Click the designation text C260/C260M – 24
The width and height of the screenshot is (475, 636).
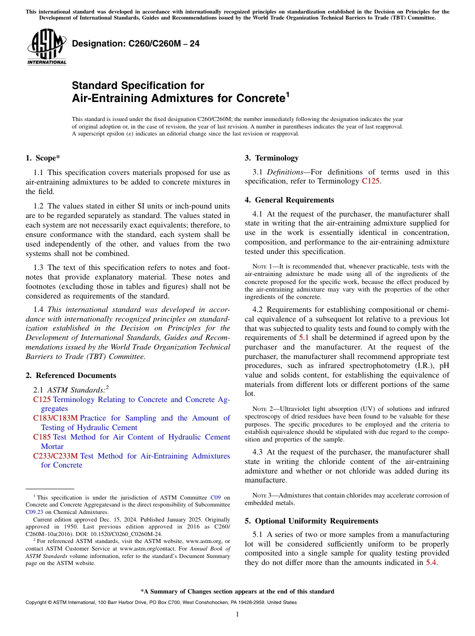[136, 44]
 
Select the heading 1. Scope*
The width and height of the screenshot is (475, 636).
[42, 158]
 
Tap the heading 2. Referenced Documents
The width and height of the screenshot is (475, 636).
[70, 375]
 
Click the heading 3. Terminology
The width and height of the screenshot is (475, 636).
[271, 158]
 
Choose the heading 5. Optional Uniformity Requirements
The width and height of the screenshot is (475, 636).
[311, 521]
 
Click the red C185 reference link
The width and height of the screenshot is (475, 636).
[42, 437]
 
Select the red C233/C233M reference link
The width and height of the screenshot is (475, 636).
[55, 456]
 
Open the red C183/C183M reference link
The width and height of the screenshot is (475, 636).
[55, 418]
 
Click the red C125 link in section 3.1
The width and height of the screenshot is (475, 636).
[370, 181]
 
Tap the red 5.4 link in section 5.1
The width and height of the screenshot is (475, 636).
[430, 562]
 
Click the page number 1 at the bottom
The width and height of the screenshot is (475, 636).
[237, 614]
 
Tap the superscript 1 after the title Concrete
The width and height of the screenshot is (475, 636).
[287, 93]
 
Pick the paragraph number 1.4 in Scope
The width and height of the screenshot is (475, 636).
[38, 309]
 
